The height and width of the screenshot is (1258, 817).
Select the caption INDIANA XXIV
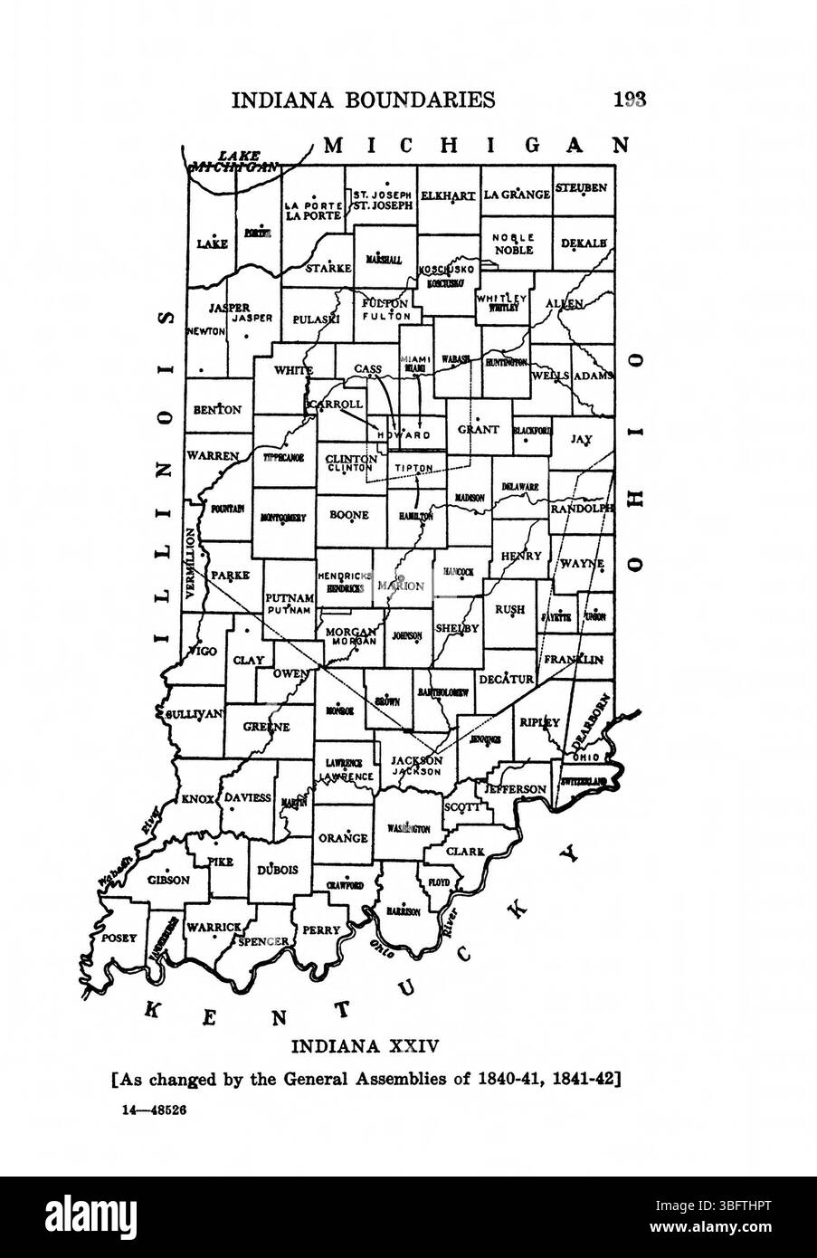pyautogui.click(x=365, y=1047)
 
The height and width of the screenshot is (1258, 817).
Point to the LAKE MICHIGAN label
pyautogui.click(x=233, y=161)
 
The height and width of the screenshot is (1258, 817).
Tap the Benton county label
pyautogui.click(x=217, y=409)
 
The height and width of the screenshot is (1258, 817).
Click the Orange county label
pyautogui.click(x=344, y=837)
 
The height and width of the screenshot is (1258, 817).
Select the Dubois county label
pyautogui.click(x=278, y=870)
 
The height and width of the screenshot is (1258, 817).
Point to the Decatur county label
pyautogui.click(x=503, y=679)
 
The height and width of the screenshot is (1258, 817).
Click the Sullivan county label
pyautogui.click(x=193, y=713)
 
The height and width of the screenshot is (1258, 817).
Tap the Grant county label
pyautogui.click(x=478, y=430)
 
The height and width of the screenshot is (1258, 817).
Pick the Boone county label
pyautogui.click(x=348, y=515)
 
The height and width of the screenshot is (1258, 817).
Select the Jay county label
pyautogui.click(x=581, y=439)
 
